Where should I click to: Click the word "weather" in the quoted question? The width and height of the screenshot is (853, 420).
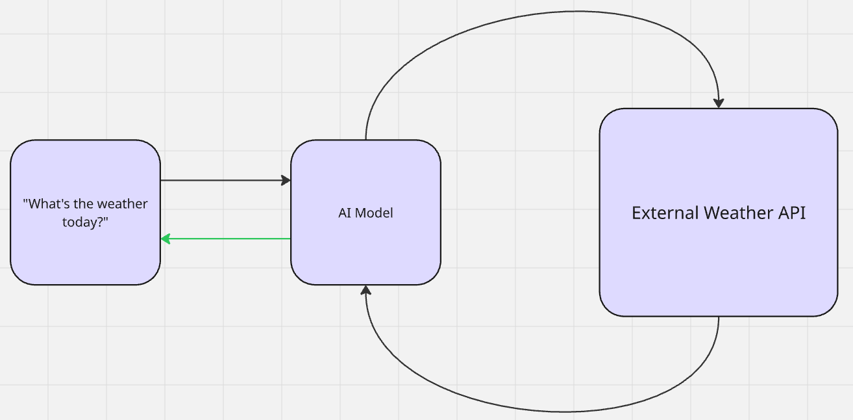(123, 204)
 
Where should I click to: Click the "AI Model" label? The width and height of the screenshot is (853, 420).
(365, 213)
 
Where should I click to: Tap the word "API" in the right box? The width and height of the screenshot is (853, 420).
(791, 213)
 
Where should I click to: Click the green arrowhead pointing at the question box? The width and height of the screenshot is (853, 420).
(165, 239)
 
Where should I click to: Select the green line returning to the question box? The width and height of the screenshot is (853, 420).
(227, 239)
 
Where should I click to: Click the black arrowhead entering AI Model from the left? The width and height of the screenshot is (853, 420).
(286, 180)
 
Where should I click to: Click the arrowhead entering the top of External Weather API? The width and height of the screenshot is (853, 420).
(719, 103)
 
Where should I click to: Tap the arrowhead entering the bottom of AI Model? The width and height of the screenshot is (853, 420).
(366, 290)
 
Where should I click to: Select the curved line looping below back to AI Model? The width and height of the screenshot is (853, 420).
(558, 411)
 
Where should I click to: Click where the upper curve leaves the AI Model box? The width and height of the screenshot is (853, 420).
(366, 138)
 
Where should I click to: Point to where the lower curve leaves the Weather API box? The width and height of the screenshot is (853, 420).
(719, 319)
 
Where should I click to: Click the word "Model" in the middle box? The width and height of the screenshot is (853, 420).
(374, 213)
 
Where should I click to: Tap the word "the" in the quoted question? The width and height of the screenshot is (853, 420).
(88, 204)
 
